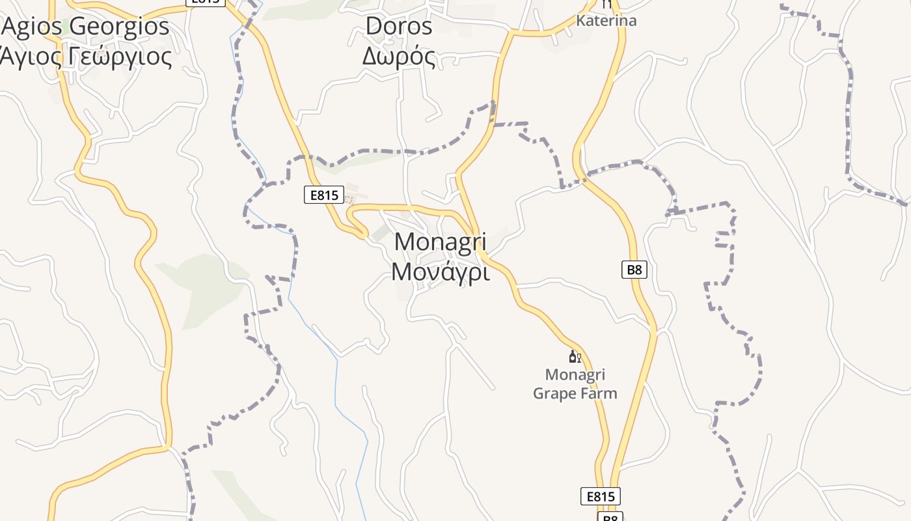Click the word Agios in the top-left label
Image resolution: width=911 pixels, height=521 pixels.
point(33,27)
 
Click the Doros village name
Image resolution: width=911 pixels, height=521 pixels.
point(399,27)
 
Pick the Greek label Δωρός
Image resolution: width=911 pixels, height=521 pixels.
point(399,57)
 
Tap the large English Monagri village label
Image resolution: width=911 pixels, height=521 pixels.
point(441,242)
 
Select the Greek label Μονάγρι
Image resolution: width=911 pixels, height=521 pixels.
point(441,272)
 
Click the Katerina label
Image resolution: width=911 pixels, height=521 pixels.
point(606,21)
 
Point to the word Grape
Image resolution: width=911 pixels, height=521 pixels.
point(554,393)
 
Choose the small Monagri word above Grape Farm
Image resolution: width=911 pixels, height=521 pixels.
point(575,375)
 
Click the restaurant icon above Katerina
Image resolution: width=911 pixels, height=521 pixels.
point(607,4)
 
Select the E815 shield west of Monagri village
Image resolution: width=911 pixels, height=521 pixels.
point(323,194)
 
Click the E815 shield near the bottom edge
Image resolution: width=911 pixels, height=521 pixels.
point(601,496)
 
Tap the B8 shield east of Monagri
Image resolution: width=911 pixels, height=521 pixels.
point(634,269)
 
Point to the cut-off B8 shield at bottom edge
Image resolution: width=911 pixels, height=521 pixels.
point(610,517)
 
